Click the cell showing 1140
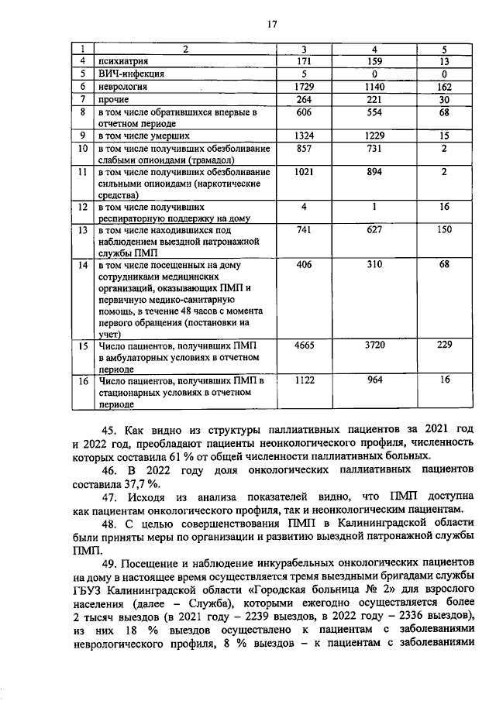click(x=374, y=87)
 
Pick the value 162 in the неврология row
click(x=444, y=87)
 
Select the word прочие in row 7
click(x=111, y=100)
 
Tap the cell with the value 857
click(x=308, y=149)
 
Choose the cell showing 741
click(x=308, y=231)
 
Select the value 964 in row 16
click(x=374, y=380)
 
